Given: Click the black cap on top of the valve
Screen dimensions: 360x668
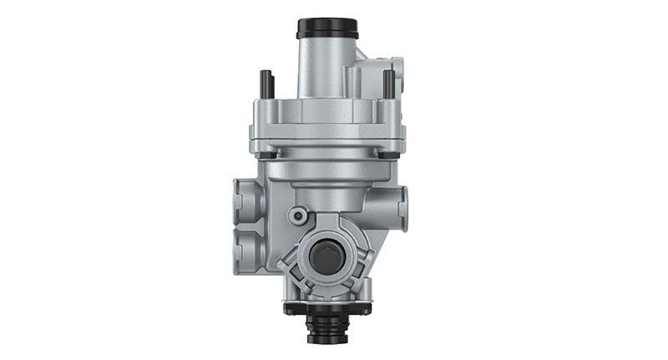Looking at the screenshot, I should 327,28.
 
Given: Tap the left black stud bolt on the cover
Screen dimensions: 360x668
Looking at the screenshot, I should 265,84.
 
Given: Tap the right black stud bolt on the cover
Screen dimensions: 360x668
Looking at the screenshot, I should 388,84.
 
